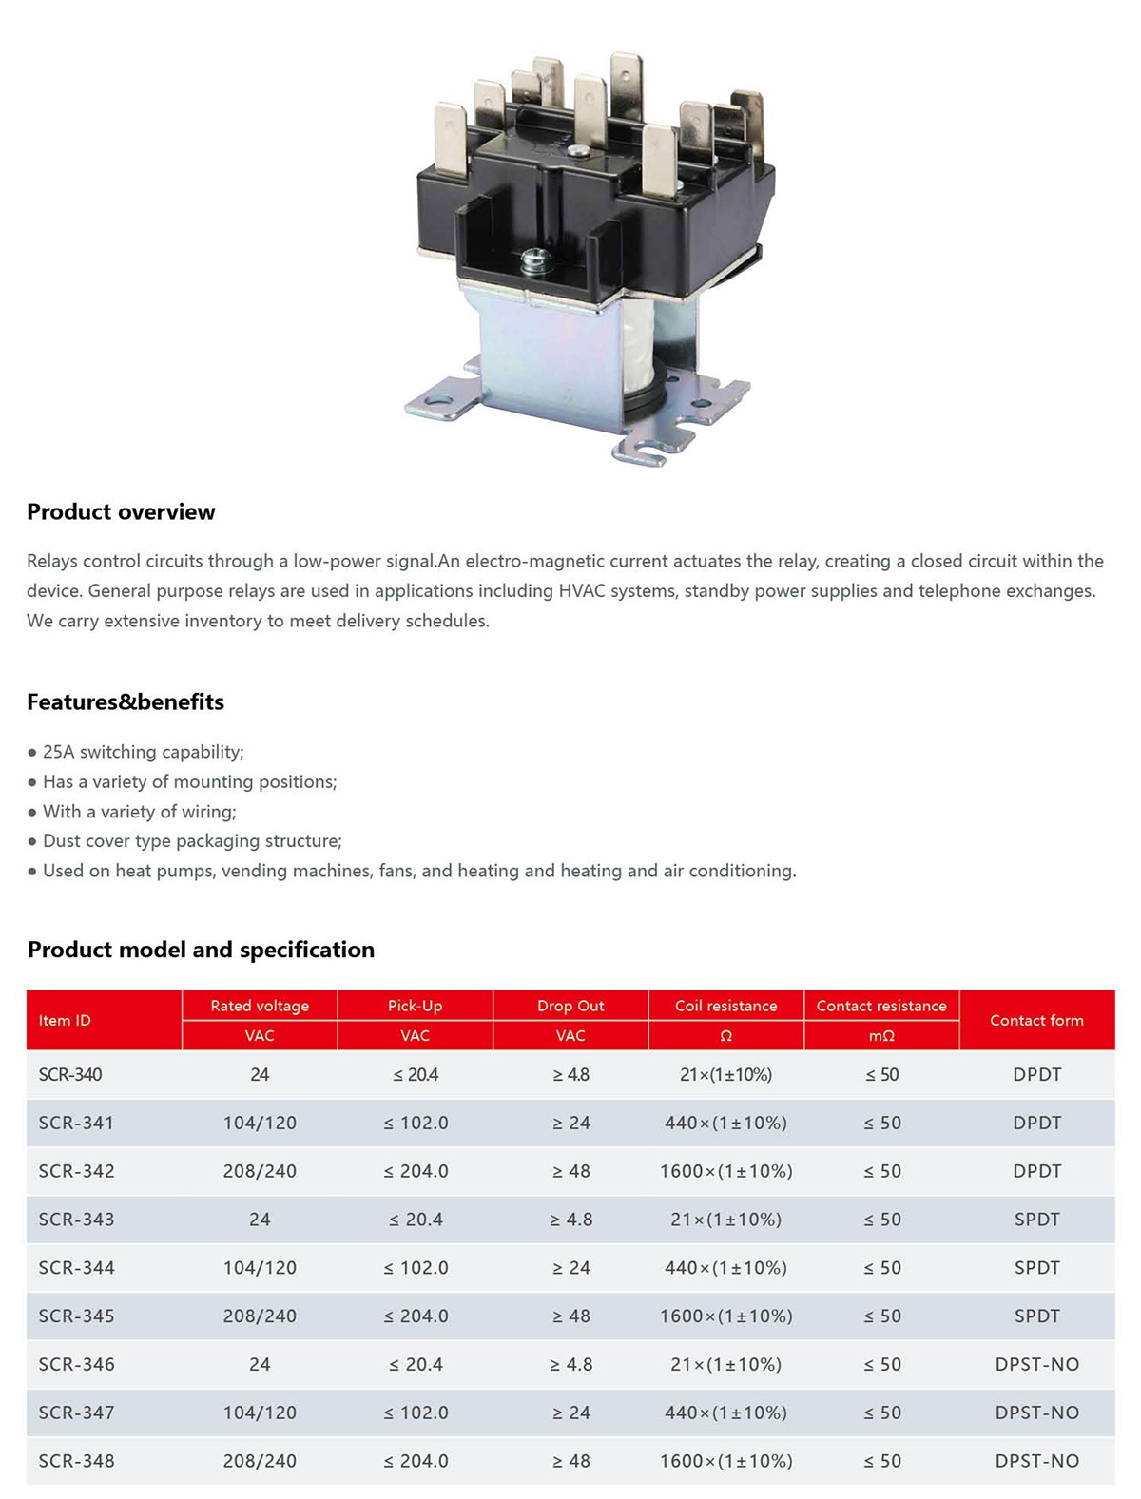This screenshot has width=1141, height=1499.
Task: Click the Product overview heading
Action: [x=121, y=511]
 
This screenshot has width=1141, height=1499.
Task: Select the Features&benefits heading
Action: [x=126, y=701]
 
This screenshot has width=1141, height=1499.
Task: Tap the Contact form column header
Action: [x=1036, y=1020]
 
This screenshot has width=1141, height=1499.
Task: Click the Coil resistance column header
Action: [x=725, y=1006]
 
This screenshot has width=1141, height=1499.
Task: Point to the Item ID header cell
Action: [x=65, y=1020]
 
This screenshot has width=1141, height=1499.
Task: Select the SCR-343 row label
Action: [x=76, y=1220]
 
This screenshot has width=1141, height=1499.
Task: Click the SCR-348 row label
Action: [x=76, y=1461]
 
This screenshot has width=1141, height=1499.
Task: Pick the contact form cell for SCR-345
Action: [x=1036, y=1316]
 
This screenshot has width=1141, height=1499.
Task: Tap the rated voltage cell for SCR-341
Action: [x=260, y=1124]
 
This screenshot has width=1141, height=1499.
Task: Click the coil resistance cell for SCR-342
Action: [x=725, y=1171]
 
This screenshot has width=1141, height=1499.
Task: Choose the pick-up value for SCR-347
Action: [x=416, y=1413]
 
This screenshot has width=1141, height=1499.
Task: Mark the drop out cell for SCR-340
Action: [x=570, y=1075]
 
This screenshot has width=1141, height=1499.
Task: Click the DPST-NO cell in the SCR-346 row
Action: [x=1036, y=1365]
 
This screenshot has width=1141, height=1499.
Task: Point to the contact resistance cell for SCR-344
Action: [x=881, y=1268]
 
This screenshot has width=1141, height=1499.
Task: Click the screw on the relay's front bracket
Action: [x=531, y=258]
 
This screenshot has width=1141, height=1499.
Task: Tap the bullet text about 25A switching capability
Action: [x=143, y=752]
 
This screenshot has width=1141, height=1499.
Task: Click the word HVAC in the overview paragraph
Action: [x=582, y=591]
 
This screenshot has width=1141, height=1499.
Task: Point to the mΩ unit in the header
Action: [x=881, y=1036]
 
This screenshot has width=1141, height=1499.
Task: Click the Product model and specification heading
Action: [x=201, y=950]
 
